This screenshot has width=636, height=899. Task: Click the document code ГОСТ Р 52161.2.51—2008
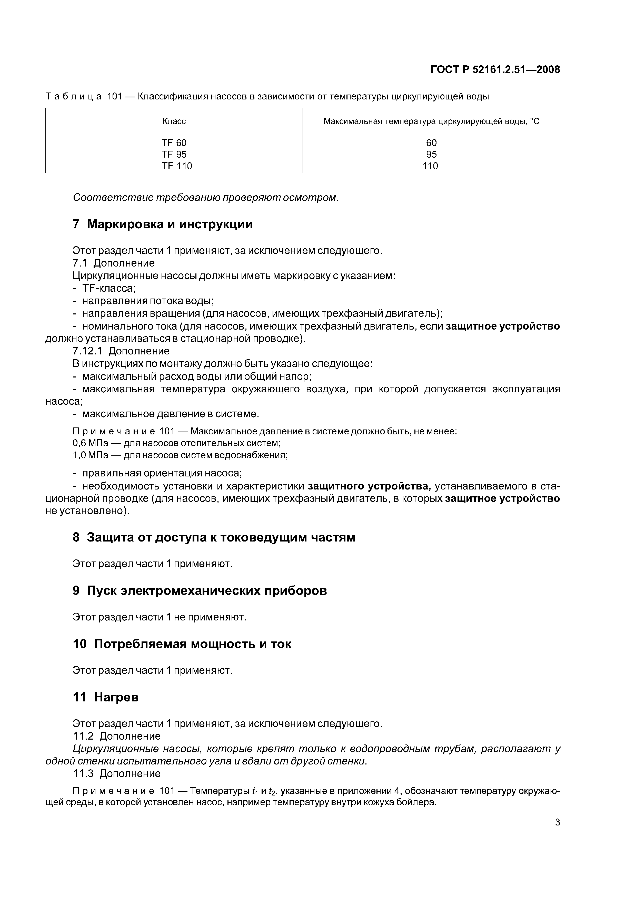(x=495, y=70)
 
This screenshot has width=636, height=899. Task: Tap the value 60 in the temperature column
(x=431, y=143)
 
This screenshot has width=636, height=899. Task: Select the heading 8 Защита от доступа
(x=214, y=537)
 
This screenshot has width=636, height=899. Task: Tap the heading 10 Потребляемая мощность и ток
(x=182, y=644)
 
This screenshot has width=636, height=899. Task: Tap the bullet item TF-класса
(x=108, y=289)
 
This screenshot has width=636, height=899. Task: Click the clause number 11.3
(x=83, y=773)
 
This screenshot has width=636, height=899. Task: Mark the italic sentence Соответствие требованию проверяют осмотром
(x=205, y=198)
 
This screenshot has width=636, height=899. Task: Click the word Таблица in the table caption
(x=74, y=96)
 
